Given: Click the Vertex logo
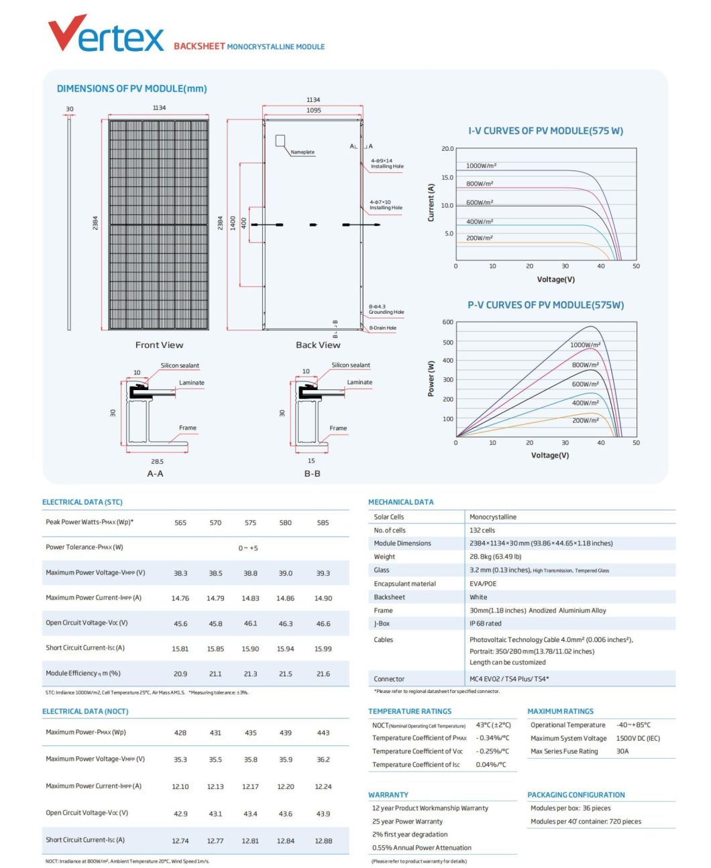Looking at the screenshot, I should (105, 34).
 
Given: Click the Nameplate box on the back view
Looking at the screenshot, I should (280, 140).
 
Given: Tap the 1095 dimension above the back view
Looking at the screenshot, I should (313, 111).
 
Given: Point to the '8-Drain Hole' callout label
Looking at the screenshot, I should (382, 328).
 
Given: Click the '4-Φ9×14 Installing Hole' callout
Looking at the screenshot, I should (387, 164).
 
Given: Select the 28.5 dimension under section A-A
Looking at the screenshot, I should (157, 461).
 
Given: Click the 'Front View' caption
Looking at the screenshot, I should (159, 345).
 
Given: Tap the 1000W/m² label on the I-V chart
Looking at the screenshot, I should (481, 166).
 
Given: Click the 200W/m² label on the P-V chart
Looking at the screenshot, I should (585, 420).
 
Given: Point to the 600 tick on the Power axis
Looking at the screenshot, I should (447, 322).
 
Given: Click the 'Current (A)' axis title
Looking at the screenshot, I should (431, 202).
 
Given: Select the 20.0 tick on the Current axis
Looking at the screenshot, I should (447, 149).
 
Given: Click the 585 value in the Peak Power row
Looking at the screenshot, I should (323, 523).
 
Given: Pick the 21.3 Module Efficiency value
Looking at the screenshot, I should (250, 674).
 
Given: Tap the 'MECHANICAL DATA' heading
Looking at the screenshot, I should (400, 502).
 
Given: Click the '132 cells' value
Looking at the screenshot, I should (482, 530).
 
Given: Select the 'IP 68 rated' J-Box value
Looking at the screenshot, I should (485, 623).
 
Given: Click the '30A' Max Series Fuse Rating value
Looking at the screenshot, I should (622, 751).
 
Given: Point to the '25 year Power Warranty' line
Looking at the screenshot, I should (407, 821).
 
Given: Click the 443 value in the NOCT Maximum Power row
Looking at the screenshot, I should (323, 733).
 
